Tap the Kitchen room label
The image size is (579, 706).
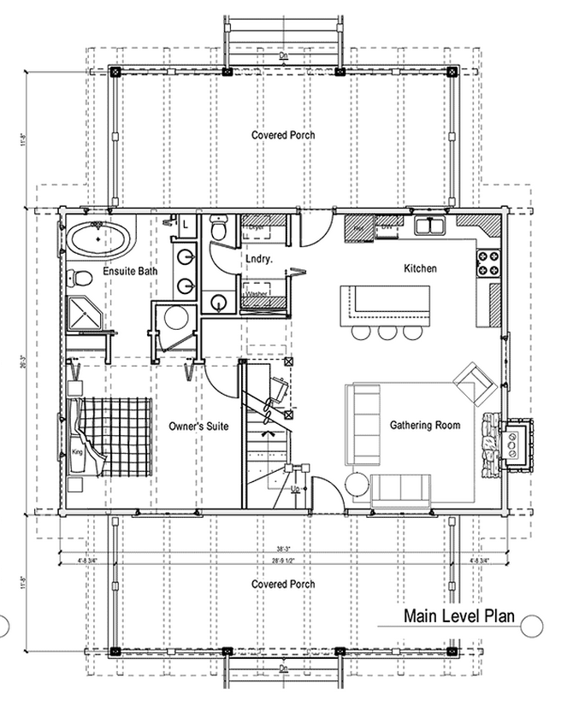(x=420, y=268)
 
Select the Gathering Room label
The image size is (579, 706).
(x=425, y=425)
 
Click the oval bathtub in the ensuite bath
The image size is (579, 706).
(x=99, y=238)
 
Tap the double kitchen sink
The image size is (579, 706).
(x=429, y=227)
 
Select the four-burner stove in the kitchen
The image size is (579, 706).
(x=489, y=262)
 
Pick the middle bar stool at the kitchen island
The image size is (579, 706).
(x=388, y=332)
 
